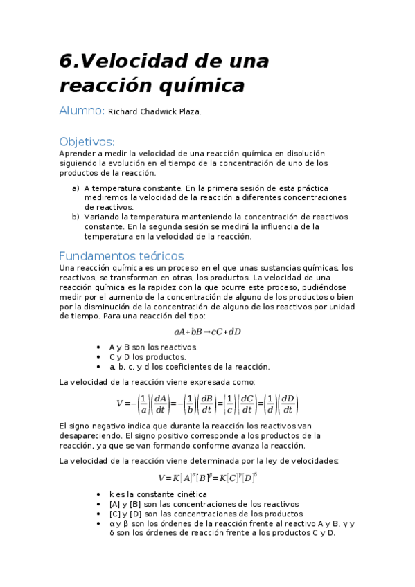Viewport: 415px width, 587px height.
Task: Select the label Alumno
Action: click(x=81, y=111)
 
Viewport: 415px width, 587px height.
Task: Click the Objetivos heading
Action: click(x=87, y=141)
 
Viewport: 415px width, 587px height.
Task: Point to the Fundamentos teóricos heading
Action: click(x=121, y=255)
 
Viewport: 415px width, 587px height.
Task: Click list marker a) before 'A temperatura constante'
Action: click(x=76, y=188)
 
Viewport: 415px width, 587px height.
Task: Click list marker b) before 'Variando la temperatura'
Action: click(x=76, y=217)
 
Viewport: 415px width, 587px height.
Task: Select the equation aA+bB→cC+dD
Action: click(x=207, y=332)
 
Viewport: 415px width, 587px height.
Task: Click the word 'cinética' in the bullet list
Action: click(x=190, y=494)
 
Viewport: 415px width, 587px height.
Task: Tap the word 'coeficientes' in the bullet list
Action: click(x=183, y=367)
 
